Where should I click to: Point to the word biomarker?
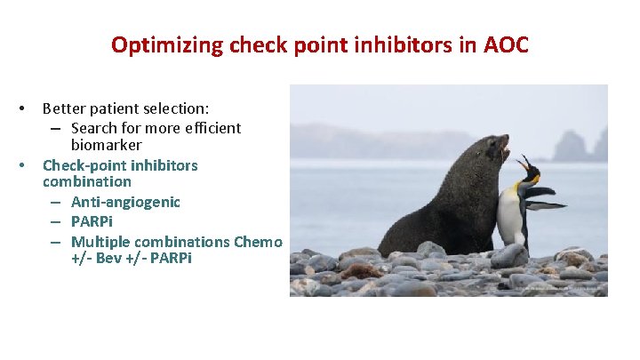pos(107,145)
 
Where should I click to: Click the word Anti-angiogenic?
pos(125,202)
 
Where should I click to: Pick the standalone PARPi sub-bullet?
pos(92,220)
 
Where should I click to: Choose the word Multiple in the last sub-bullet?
pos(100,242)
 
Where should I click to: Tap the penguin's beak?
pos(524,163)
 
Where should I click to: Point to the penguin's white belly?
pos(509,218)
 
